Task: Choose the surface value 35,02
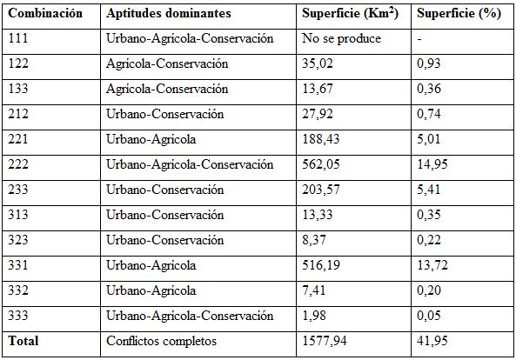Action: (x=318, y=64)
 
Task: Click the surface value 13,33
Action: (x=318, y=215)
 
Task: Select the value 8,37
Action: (x=316, y=240)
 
